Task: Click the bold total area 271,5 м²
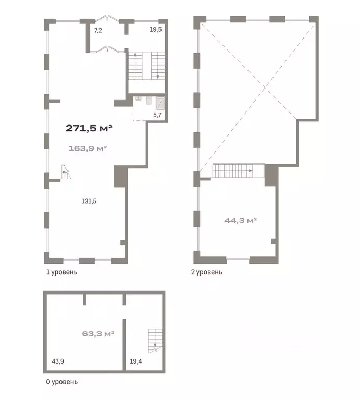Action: (89, 128)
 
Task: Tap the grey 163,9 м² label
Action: (88, 148)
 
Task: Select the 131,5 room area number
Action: (89, 201)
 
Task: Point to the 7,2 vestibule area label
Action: (98, 31)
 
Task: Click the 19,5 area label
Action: (156, 30)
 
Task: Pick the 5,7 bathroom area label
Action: (157, 115)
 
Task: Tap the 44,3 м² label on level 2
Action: (240, 220)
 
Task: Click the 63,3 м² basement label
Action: (98, 334)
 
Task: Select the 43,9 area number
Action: (58, 361)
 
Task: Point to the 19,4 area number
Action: (136, 361)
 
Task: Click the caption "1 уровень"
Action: (61, 272)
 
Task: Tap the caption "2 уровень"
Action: (207, 272)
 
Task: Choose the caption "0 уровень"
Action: (61, 382)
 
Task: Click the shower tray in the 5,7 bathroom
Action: (160, 103)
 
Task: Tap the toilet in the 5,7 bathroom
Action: (149, 101)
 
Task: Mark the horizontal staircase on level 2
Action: (238, 170)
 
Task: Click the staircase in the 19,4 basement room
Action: (155, 341)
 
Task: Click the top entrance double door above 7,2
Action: (107, 18)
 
